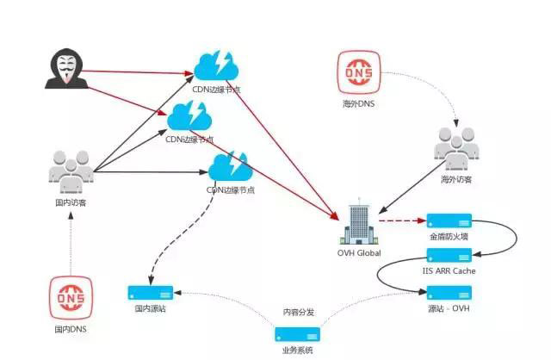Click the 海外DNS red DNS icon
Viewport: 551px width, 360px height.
[358, 72]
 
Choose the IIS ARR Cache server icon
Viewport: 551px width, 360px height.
[449, 257]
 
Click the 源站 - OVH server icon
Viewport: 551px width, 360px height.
[449, 293]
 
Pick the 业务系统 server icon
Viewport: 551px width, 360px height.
[297, 334]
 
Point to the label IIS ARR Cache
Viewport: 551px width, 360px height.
[450, 271]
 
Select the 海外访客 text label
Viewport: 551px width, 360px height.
[456, 179]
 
